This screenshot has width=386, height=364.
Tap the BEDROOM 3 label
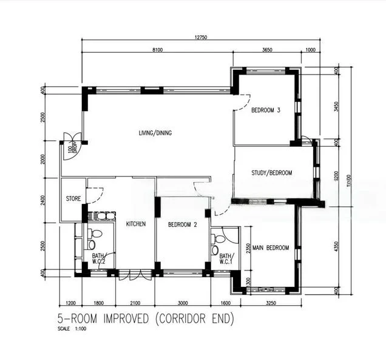click(x=266, y=110)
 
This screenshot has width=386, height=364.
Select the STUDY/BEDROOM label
click(x=271, y=173)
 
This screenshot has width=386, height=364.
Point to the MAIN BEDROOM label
click(x=271, y=248)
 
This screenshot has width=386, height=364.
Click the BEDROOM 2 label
click(x=182, y=224)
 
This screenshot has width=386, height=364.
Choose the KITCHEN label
click(x=135, y=224)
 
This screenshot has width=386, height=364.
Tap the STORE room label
click(x=73, y=198)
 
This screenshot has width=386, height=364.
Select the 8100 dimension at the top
click(x=157, y=50)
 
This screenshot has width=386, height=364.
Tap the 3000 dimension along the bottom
click(x=182, y=303)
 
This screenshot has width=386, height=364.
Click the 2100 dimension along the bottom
click(x=135, y=303)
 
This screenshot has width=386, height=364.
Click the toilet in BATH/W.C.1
click(x=215, y=249)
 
